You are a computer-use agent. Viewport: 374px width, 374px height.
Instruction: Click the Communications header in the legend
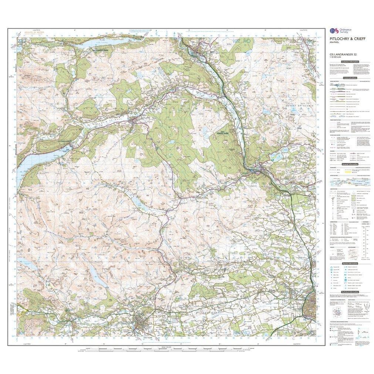[350, 78]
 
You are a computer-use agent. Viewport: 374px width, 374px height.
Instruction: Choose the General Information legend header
[350, 164]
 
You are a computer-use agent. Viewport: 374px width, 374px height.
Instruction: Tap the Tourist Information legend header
[350, 263]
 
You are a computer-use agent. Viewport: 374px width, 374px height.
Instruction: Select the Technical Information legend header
[350, 292]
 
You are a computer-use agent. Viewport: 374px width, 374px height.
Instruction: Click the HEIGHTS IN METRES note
[34, 33]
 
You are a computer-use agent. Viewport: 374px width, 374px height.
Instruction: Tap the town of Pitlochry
[202, 50]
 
